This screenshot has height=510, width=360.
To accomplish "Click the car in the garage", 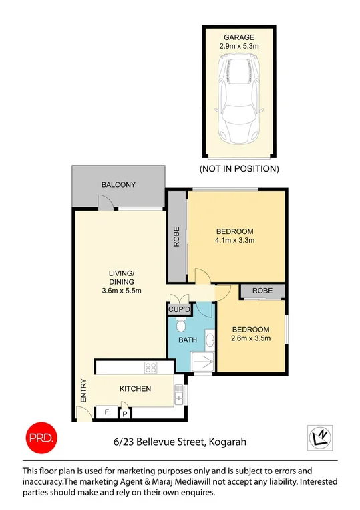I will (x=238, y=100).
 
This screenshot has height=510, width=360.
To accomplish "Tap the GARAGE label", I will (x=238, y=37).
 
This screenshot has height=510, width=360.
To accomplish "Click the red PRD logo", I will (x=42, y=437).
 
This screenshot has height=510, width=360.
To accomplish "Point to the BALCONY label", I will (x=118, y=185).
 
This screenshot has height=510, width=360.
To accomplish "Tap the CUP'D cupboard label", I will (x=179, y=310).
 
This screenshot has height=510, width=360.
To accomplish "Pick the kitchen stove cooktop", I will (x=150, y=367).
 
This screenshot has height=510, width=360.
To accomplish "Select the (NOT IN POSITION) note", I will (x=239, y=168).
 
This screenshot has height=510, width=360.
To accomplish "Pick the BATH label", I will (x=188, y=340).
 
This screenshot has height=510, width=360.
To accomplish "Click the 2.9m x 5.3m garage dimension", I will (x=238, y=47).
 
